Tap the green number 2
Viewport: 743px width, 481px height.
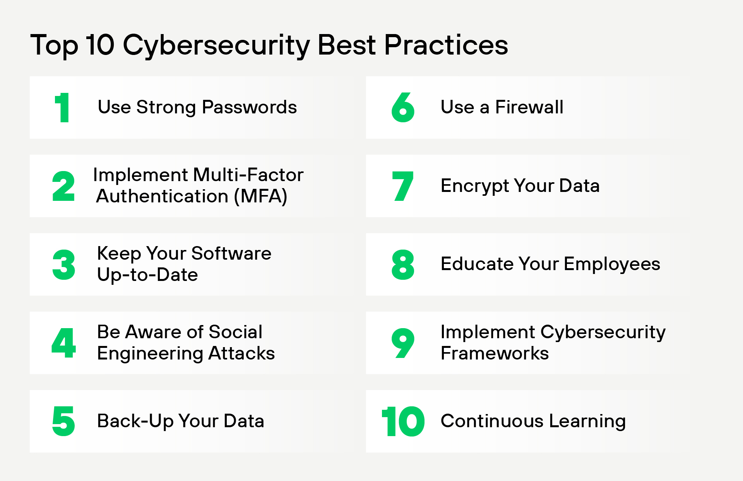point(63,186)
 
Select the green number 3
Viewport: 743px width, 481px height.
point(64,265)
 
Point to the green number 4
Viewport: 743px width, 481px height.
point(64,343)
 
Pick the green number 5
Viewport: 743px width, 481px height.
point(63,421)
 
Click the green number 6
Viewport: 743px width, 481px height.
point(403,108)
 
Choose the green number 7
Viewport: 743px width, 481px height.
point(403,186)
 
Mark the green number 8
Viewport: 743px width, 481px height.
point(403,265)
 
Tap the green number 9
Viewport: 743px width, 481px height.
point(403,343)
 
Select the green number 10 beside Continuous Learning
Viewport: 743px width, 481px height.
point(403,421)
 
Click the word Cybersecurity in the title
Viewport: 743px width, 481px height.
point(216,46)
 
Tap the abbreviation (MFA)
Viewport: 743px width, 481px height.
point(260,196)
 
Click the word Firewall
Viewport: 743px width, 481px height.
point(529,107)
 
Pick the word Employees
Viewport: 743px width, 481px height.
point(612,264)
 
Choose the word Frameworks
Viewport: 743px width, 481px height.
point(495,353)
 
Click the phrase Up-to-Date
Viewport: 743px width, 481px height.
point(147,275)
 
